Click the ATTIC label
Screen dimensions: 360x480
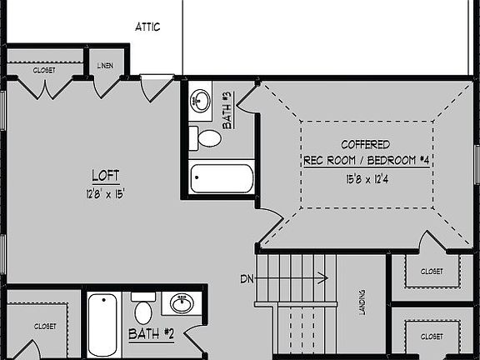coord(147,27)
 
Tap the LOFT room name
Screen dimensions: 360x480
coord(106,176)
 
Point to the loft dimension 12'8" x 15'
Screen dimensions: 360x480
coord(106,193)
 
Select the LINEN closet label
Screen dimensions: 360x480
coord(106,65)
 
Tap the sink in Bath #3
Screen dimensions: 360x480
coord(200,102)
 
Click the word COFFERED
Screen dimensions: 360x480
coord(366,144)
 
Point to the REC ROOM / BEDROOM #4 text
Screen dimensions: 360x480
coord(366,160)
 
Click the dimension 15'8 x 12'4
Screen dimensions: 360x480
coord(366,178)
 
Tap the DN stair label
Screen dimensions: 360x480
coord(246,277)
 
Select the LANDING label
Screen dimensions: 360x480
coord(362,302)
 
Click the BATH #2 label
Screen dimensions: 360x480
coord(151,334)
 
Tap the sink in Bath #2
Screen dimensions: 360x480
coord(180,303)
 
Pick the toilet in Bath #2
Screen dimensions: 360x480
coord(142,311)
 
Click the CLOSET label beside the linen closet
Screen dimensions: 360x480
coord(44,71)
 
